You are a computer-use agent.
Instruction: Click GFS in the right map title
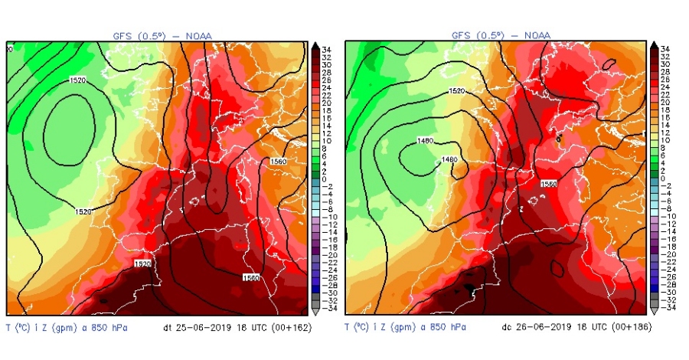[462, 34]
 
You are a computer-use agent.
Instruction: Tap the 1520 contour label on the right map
[457, 91]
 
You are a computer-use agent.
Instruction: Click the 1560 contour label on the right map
[549, 185]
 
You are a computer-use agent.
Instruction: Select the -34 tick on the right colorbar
[665, 309]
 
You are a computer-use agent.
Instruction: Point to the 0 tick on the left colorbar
[325, 178]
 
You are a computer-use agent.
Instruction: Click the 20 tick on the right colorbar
[665, 101]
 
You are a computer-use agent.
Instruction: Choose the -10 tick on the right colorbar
[665, 217]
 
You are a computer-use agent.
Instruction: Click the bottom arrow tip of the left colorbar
[315, 313]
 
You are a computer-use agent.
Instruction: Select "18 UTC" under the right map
[583, 327]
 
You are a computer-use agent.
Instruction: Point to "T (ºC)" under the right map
[359, 327]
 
